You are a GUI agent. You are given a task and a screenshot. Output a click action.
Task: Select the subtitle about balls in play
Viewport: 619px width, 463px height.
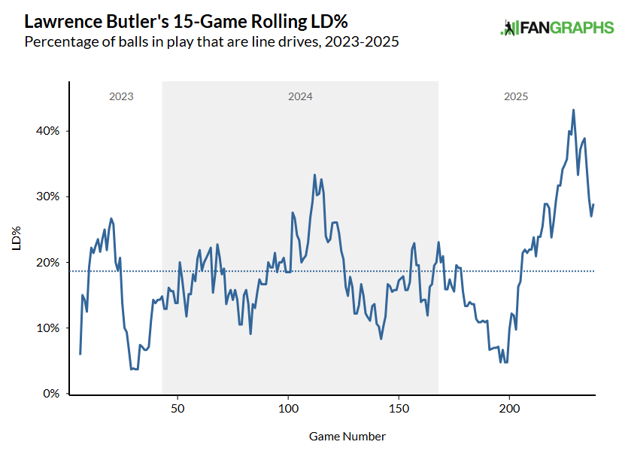(211, 41)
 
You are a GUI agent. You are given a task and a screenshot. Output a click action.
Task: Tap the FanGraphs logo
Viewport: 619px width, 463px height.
(557, 28)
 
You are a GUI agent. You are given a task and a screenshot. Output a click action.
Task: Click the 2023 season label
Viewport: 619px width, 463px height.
(121, 97)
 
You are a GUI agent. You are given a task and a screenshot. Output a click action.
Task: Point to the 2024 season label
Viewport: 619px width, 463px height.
(300, 97)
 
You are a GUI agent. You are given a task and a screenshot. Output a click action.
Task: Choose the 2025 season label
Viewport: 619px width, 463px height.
(516, 97)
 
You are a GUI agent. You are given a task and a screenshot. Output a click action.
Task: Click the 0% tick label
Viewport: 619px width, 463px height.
(50, 394)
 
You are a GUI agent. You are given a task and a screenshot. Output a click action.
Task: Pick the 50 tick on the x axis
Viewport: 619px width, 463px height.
(178, 410)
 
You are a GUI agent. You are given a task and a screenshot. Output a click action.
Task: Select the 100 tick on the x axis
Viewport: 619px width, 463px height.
(288, 410)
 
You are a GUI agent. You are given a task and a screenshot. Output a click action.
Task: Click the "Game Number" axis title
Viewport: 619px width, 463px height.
(347, 437)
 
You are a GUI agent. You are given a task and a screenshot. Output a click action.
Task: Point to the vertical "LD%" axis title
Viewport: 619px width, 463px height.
(16, 237)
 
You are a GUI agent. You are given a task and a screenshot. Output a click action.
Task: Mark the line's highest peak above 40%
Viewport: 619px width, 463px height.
(573, 110)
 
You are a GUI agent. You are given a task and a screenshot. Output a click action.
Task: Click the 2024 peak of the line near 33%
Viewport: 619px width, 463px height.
(314, 175)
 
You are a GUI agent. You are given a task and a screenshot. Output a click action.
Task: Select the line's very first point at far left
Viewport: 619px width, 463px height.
(80, 354)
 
